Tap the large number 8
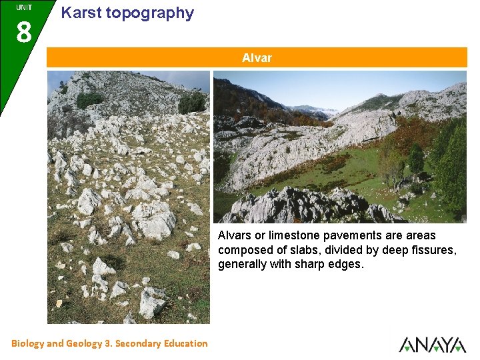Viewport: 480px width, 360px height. pyautogui.click(x=23, y=32)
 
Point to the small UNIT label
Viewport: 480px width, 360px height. pyautogui.click(x=24, y=7)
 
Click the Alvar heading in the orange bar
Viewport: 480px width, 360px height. pyautogui.click(x=257, y=58)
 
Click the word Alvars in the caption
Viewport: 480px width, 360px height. pyautogui.click(x=235, y=235)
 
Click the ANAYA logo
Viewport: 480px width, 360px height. pyautogui.click(x=432, y=344)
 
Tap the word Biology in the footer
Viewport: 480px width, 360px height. pyautogui.click(x=27, y=343)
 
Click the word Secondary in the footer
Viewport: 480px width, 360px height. pyautogui.click(x=139, y=343)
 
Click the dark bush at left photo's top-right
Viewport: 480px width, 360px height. pyautogui.click(x=192, y=103)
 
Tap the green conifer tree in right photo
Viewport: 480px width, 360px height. pyautogui.click(x=452, y=167)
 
